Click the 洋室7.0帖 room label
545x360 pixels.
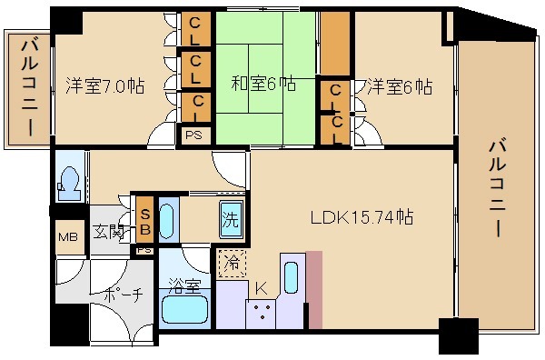click(105, 86)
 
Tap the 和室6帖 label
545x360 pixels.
click(263, 84)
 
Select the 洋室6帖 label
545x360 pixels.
click(400, 86)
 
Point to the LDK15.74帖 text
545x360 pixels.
click(362, 217)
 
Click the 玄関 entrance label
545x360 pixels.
click(109, 233)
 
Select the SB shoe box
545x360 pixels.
click(144, 220)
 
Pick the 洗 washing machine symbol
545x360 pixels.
click(232, 219)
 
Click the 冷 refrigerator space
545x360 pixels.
click(232, 264)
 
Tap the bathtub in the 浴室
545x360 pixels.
click(185, 310)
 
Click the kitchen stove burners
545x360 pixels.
click(262, 312)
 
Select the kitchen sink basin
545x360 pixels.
click(291, 278)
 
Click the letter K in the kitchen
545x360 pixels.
click(261, 288)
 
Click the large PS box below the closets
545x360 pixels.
click(193, 135)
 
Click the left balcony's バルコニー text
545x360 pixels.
click(30, 88)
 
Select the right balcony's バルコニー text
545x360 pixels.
click(498, 187)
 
